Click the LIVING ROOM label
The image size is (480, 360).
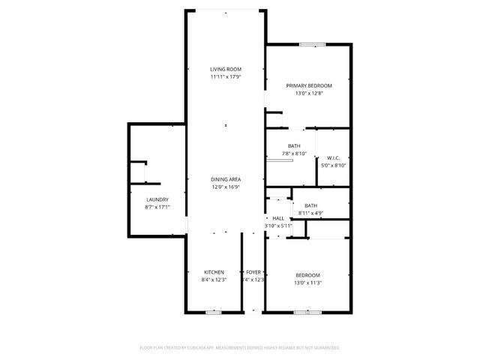click(225, 70)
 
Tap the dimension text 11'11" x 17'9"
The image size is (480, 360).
click(225, 77)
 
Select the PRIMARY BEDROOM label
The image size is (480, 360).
click(309, 86)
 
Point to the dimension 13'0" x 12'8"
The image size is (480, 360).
click(309, 94)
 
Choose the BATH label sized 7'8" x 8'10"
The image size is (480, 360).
click(294, 146)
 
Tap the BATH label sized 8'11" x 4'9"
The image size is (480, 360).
click(310, 205)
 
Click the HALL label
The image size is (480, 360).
click(278, 218)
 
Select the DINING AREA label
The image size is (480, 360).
click(225, 180)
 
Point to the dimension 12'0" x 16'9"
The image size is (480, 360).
click(225, 187)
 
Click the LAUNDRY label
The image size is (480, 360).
click(157, 199)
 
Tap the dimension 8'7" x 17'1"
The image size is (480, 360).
click(157, 207)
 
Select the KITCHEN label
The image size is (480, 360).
click(214, 272)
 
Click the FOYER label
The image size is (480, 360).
click(253, 272)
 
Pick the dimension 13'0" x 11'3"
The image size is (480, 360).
click(307, 283)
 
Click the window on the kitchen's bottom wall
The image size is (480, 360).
click(214, 312)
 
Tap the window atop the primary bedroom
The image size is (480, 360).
click(312, 44)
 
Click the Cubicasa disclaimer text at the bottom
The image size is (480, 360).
click(240, 348)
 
